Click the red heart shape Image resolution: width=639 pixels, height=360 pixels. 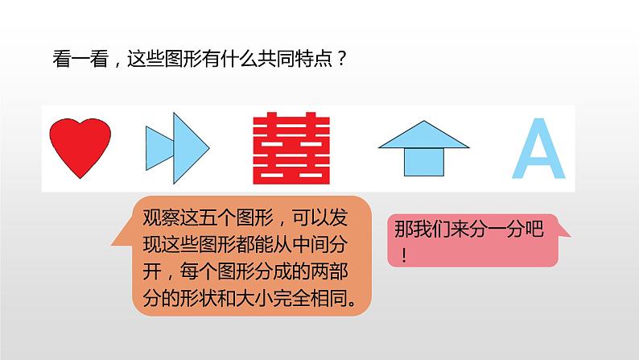80,147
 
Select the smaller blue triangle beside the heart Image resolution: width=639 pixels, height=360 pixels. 157,148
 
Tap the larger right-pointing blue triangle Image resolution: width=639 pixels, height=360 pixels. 188,148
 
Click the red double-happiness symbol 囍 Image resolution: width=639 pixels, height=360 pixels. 291,148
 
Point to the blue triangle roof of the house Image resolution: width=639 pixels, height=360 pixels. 423,137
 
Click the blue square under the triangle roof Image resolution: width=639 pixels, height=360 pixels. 424,162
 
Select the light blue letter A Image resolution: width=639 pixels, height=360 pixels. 538,148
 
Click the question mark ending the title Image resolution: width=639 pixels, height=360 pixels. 341,59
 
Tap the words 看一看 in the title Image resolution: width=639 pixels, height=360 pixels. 80,59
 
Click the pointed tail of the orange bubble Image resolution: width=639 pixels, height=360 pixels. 113,245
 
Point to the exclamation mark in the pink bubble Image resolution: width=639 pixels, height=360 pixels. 403,255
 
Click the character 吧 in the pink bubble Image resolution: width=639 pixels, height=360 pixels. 534,229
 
